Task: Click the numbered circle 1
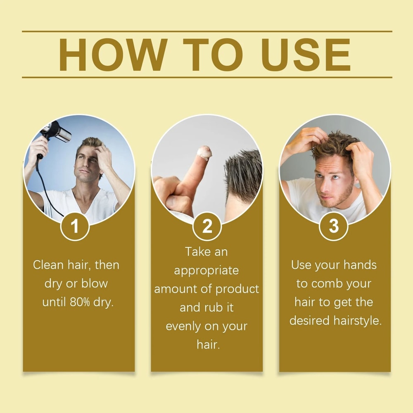pos(75,227)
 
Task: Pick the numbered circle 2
pos(207,226)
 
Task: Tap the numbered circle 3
pos(334,226)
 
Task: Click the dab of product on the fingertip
pos(204,152)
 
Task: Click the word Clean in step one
pos(48,265)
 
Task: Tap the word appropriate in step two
pos(206,271)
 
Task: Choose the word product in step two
pos(238,289)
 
